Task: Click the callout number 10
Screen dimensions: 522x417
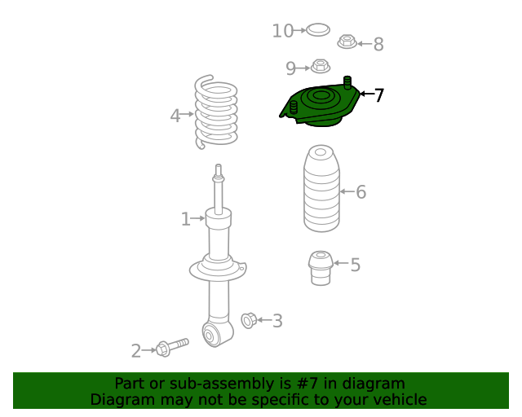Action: pyautogui.click(x=283, y=31)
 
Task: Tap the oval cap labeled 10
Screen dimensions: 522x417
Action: pyautogui.click(x=318, y=30)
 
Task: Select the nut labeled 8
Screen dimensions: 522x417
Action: pyautogui.click(x=347, y=42)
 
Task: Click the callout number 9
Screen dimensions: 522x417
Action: pyautogui.click(x=290, y=68)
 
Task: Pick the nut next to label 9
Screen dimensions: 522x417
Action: pyautogui.click(x=321, y=66)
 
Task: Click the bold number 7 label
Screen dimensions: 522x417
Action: pyautogui.click(x=379, y=95)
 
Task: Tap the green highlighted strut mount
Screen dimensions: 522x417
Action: pyautogui.click(x=320, y=102)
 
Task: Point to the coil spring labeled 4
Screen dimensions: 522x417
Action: pyautogui.click(x=215, y=112)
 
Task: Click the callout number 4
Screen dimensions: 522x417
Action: pyautogui.click(x=175, y=116)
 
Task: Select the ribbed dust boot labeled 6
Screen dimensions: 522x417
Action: pyautogui.click(x=321, y=188)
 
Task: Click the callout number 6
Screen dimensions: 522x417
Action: pyautogui.click(x=361, y=192)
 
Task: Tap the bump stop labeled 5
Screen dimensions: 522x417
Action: pyautogui.click(x=321, y=268)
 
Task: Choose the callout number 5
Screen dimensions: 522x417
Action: pyautogui.click(x=356, y=265)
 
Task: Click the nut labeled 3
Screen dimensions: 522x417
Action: pyautogui.click(x=249, y=321)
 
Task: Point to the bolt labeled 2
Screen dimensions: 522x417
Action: pyautogui.click(x=172, y=348)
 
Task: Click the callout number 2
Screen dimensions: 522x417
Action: pyautogui.click(x=136, y=351)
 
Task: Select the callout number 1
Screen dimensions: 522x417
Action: pyautogui.click(x=185, y=219)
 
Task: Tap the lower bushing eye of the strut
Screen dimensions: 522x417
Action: pyautogui.click(x=209, y=336)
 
